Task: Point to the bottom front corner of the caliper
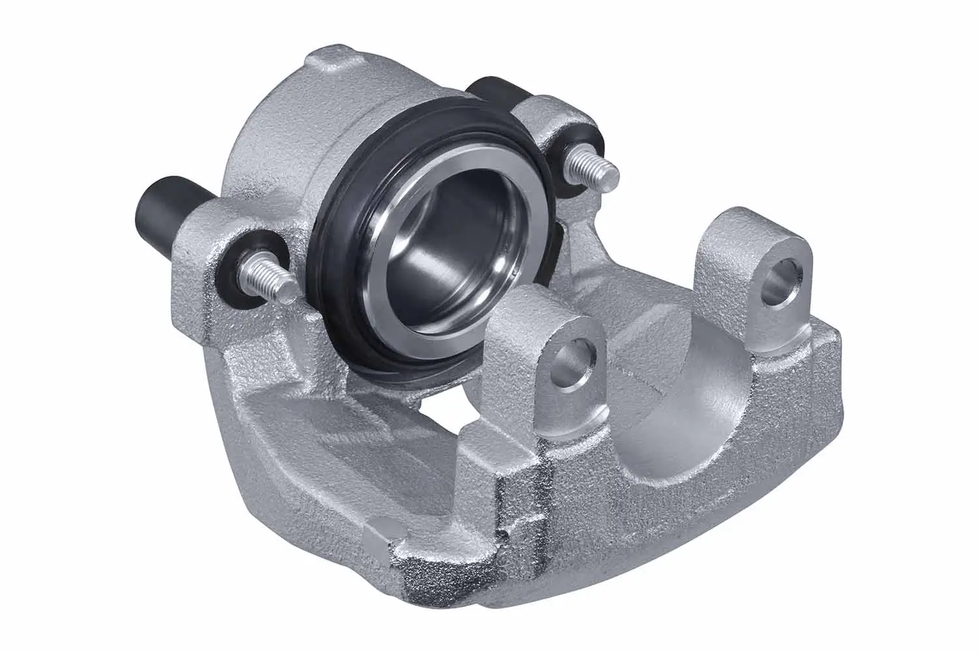coord(418,575)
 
